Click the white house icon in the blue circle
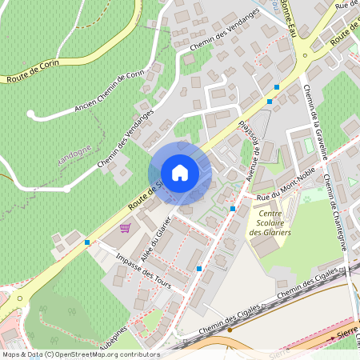pos(180,173)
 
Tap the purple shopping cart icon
pos(125,228)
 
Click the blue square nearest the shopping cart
pos(86,242)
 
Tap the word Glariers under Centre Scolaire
pos(270,232)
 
